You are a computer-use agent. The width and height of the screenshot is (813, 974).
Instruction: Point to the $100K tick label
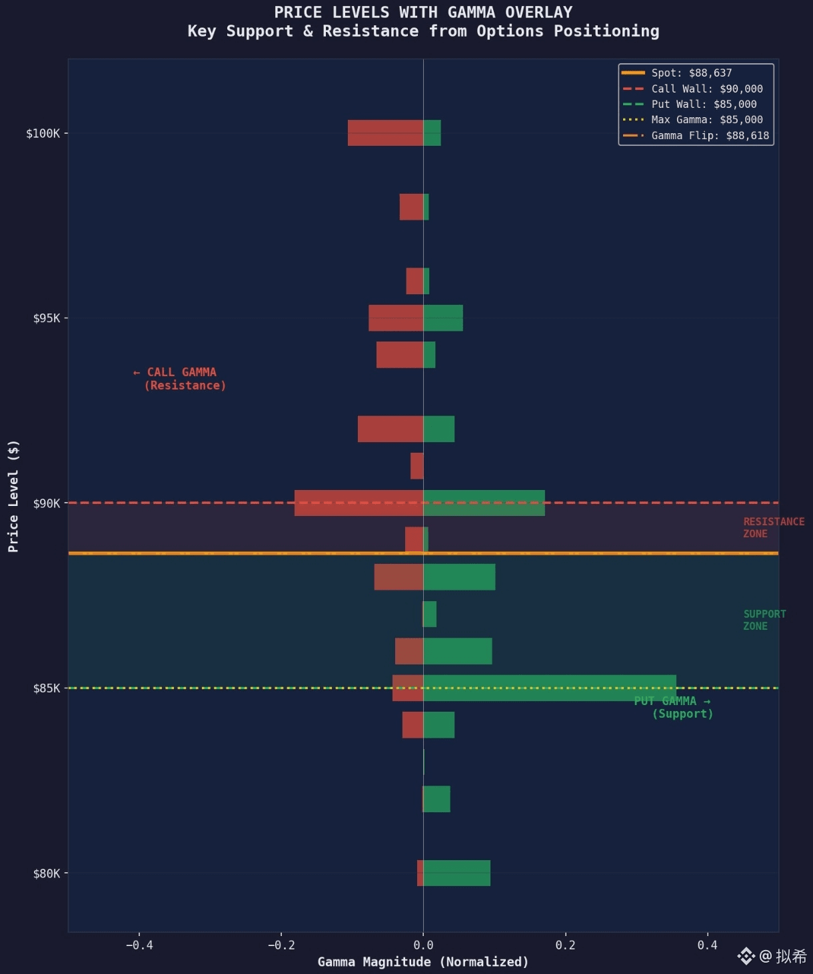43,133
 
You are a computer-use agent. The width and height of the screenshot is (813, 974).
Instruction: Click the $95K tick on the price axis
46,318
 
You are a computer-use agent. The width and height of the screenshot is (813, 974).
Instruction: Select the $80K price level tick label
46,873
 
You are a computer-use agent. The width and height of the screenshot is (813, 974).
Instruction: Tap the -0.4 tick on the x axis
139,945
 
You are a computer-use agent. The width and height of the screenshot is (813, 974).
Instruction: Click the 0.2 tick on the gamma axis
565,945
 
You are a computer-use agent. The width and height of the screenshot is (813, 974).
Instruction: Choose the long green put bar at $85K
550,688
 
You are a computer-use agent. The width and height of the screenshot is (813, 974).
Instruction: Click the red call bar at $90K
359,503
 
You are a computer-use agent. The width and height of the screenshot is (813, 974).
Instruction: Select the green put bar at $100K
432,132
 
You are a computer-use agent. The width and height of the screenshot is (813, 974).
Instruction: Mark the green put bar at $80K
456,873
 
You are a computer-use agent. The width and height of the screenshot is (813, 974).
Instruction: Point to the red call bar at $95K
396,318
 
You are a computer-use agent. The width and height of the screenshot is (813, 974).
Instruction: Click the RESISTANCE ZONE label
773,527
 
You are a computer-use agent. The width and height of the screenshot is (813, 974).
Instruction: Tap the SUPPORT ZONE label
764,620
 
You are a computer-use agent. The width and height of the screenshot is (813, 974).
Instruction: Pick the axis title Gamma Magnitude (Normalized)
423,961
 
